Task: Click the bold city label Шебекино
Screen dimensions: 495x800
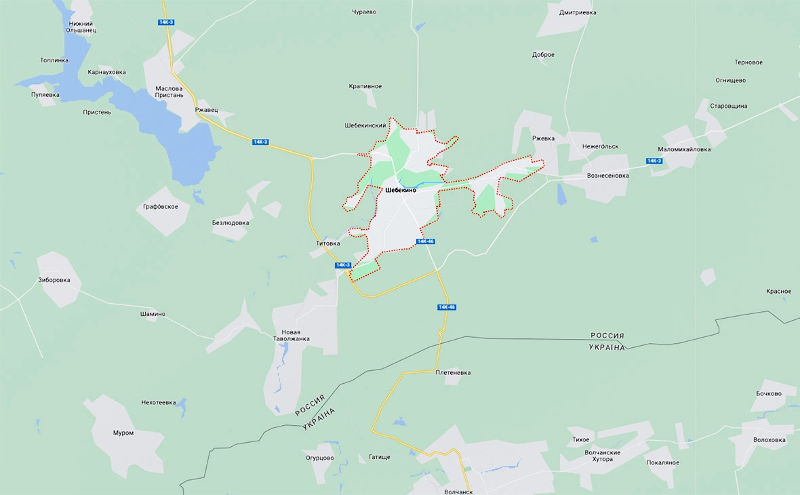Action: (x=400, y=190)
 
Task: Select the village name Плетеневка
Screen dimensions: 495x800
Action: (x=453, y=372)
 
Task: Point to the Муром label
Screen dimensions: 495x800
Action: (x=123, y=433)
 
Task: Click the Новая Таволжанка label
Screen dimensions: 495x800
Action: (x=291, y=335)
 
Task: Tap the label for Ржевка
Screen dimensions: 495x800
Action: (x=543, y=138)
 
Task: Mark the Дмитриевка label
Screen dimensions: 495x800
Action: (x=578, y=12)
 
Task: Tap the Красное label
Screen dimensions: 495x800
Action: (x=778, y=292)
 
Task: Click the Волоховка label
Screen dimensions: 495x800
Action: (x=769, y=439)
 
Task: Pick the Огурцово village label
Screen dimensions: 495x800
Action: (x=320, y=458)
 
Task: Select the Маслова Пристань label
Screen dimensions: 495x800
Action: (x=169, y=92)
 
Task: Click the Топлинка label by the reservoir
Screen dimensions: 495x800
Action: (x=54, y=60)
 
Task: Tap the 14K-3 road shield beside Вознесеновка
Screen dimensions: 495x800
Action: (x=654, y=161)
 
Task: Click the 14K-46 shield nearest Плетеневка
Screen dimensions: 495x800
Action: (x=446, y=307)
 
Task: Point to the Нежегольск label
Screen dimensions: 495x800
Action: (x=600, y=146)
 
